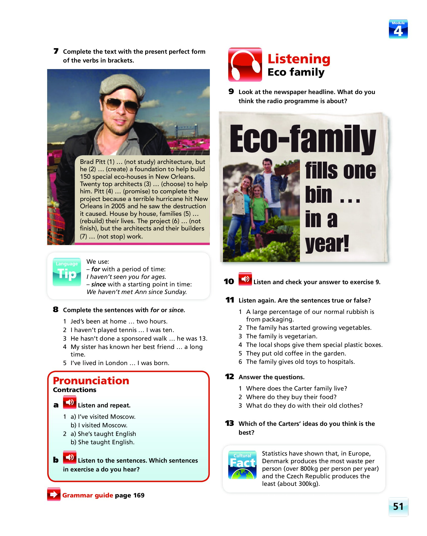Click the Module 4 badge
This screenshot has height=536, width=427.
tap(398, 29)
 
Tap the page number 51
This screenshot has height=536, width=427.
tap(398, 507)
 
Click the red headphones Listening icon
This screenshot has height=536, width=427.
tap(245, 65)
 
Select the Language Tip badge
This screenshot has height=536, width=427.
tap(67, 272)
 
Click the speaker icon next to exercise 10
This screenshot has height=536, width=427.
tap(245, 279)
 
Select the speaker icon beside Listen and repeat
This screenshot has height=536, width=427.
tap(70, 402)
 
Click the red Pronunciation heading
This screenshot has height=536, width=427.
tap(91, 380)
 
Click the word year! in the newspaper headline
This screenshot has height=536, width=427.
tap(327, 243)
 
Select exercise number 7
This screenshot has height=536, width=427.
tap(56, 51)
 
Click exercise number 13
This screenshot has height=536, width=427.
tap(229, 423)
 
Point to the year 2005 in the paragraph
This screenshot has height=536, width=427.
tap(118, 206)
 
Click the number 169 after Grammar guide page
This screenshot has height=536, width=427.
tap(139, 495)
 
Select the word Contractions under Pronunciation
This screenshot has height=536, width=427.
tap(75, 390)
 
